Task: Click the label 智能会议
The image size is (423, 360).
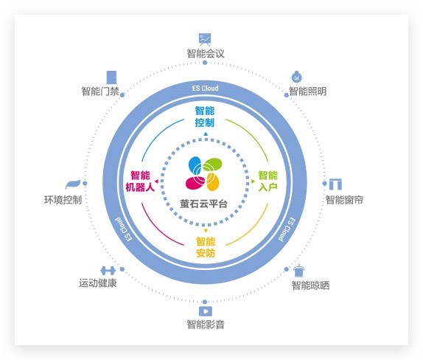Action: (x=205, y=53)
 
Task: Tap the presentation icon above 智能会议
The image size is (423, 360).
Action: (x=205, y=38)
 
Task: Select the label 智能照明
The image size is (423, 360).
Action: (x=307, y=91)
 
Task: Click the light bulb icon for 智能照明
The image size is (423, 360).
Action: (x=296, y=76)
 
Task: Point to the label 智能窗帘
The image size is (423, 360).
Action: (x=344, y=200)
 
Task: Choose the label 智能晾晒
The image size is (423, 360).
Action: (x=310, y=285)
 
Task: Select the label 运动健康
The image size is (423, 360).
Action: (x=98, y=283)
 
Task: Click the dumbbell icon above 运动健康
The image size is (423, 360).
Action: (x=108, y=270)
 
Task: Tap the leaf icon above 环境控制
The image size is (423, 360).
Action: (x=73, y=184)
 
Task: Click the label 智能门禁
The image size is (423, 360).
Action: (x=100, y=91)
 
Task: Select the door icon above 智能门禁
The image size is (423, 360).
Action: (x=112, y=77)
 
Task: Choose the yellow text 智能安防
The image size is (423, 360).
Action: (x=206, y=248)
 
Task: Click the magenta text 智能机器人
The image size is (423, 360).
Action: (x=140, y=181)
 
